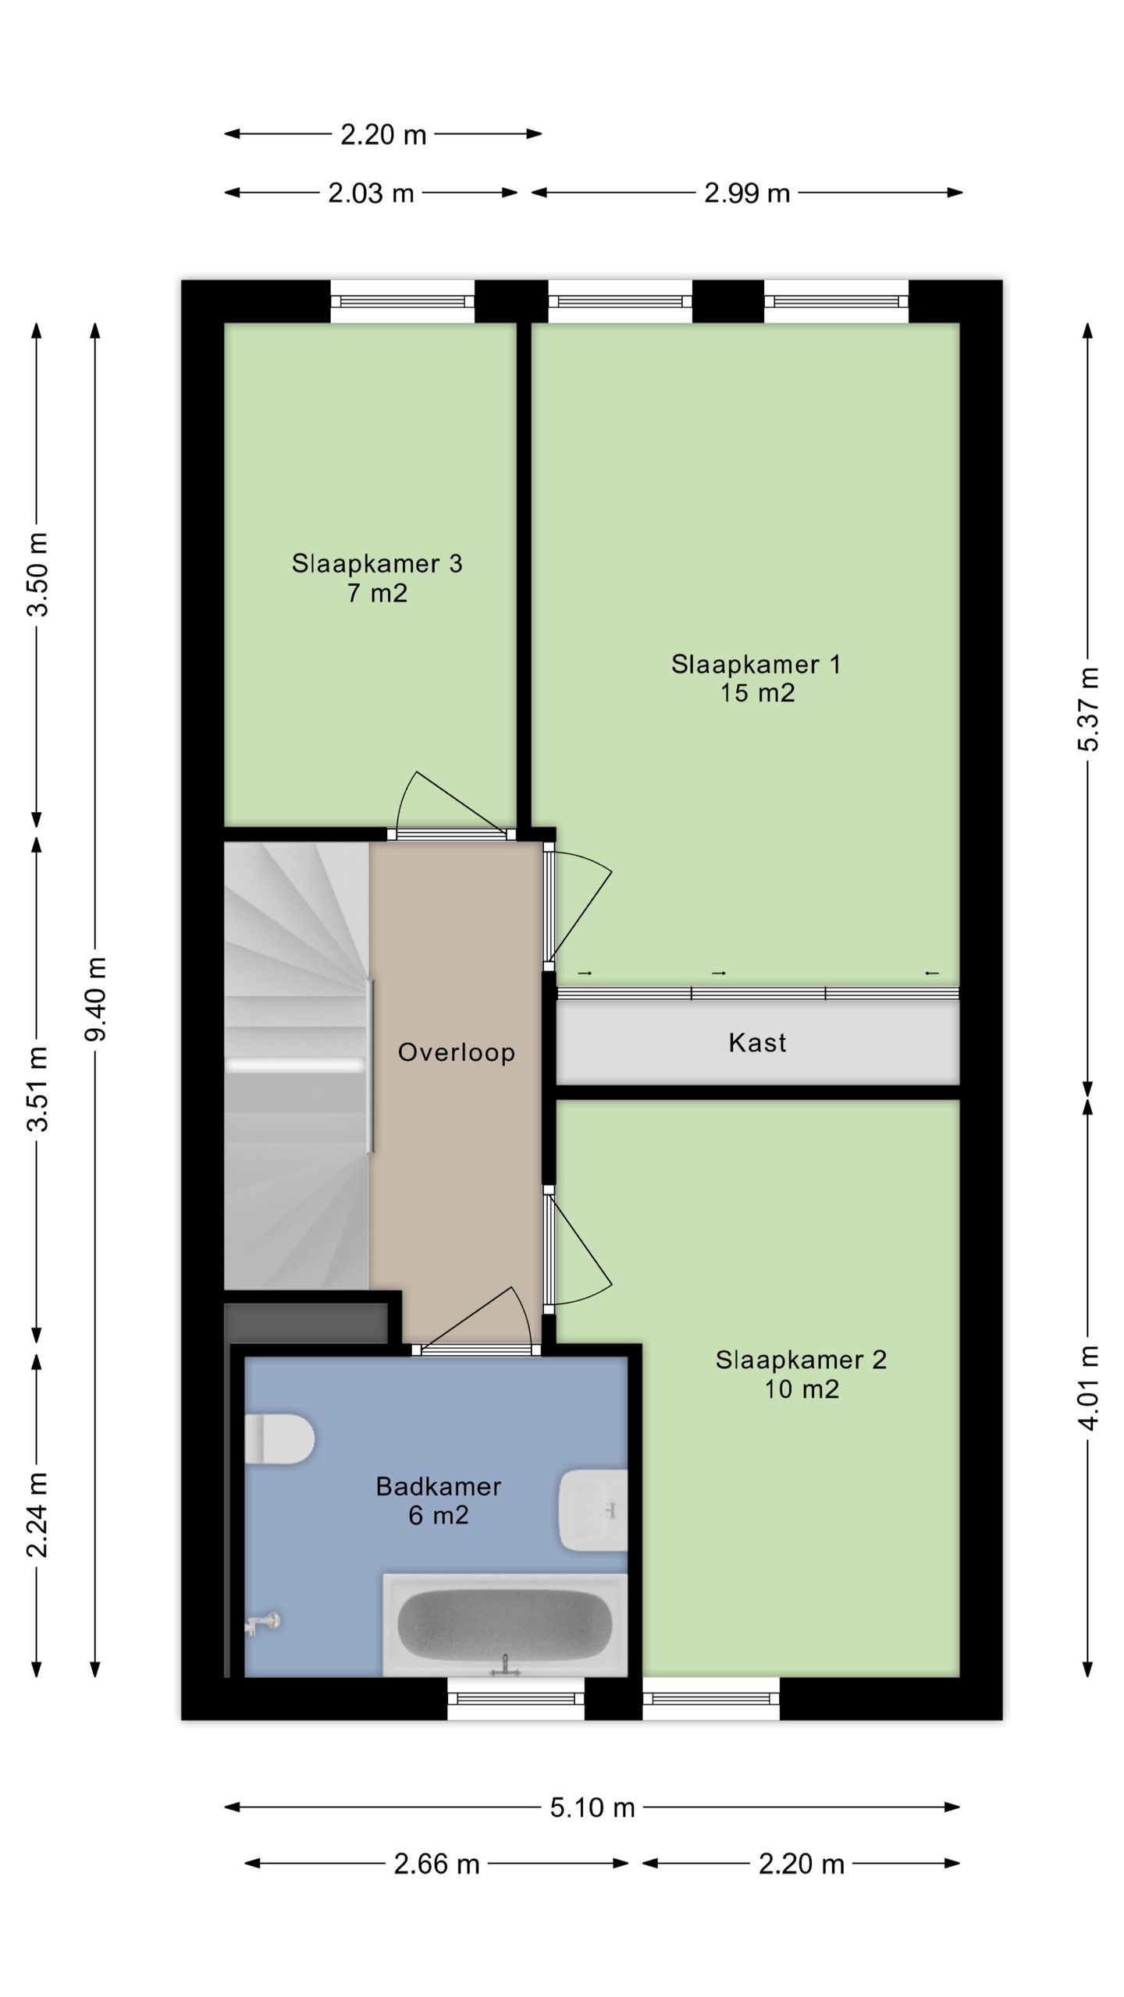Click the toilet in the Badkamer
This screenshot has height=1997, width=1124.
pos(279,1438)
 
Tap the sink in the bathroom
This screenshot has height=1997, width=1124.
pos(593,1510)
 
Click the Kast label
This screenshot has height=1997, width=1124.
pos(757,1042)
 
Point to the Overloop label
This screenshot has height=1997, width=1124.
pos(457,1052)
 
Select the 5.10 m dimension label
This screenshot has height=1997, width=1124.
pos(592,1807)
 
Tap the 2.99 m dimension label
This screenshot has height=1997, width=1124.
pos(747,193)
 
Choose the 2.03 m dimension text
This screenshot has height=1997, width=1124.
pos(371,193)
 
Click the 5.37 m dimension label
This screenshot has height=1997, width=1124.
pos(1088,709)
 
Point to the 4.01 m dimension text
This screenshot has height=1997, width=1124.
pos(1088,1388)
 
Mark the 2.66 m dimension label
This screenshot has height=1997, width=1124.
pos(436,1864)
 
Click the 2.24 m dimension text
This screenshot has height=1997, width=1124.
pos(37,1515)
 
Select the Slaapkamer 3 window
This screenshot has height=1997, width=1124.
pos(403,301)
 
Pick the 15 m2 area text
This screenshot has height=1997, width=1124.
pos(757,693)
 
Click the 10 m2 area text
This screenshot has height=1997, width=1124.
pos(802,1389)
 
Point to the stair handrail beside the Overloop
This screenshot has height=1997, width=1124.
pos(372,1066)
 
